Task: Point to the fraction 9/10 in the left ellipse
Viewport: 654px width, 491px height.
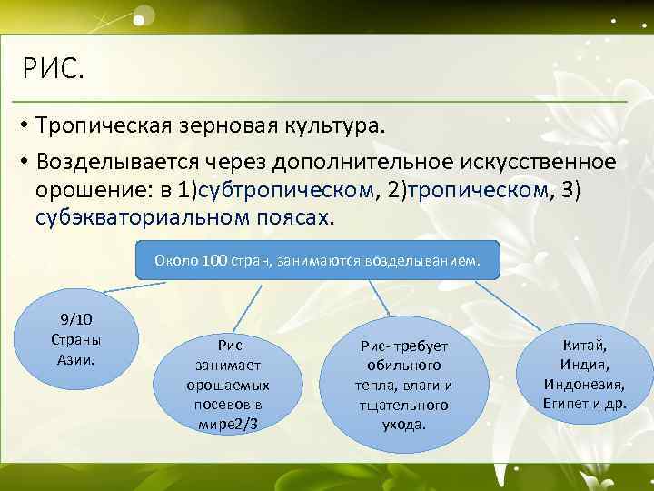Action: click(x=77, y=320)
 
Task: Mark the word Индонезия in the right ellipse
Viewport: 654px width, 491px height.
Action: click(x=584, y=384)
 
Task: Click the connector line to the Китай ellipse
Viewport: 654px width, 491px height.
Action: click(x=513, y=305)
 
